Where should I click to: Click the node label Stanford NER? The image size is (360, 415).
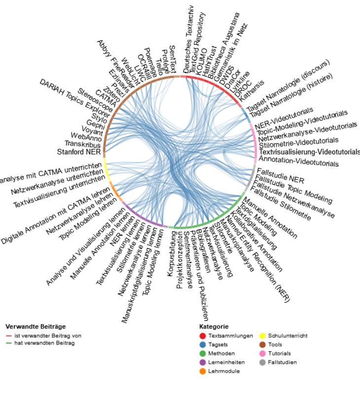click(x=79, y=152)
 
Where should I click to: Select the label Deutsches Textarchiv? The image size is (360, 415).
click(x=188, y=39)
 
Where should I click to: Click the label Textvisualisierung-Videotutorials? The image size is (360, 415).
click(x=310, y=152)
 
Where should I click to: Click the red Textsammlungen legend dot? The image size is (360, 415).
click(x=202, y=336)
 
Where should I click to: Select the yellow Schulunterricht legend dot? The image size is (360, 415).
click(x=263, y=336)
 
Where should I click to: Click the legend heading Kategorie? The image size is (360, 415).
click(x=214, y=326)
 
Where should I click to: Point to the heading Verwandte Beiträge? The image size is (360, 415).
click(x=36, y=326)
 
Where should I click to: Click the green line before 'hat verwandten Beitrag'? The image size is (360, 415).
click(x=9, y=343)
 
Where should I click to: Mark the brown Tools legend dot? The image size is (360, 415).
click(x=263, y=345)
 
